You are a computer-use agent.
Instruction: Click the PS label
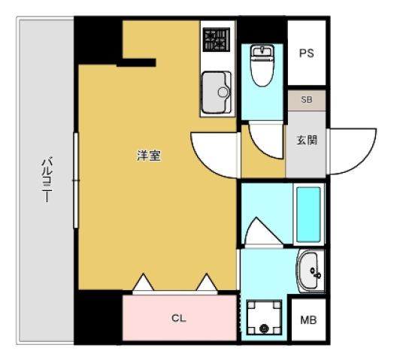coord(306,53)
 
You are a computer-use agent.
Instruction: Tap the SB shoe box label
coord(307,99)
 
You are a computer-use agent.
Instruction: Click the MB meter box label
coord(308,319)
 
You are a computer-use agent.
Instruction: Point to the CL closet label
coord(178,318)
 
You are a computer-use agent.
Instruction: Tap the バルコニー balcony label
coord(46,180)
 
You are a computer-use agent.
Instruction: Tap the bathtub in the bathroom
coord(308,213)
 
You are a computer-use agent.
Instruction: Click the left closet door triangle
coord(142,283)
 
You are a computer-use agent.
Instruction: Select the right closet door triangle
coord(205,283)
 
